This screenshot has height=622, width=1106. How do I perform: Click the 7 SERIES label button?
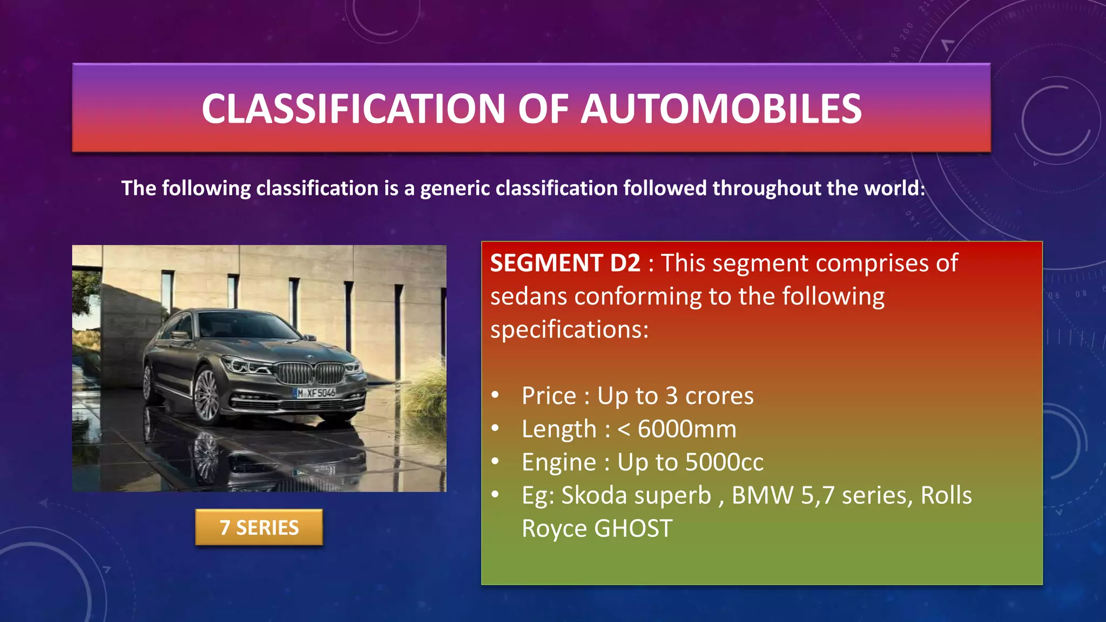(259, 528)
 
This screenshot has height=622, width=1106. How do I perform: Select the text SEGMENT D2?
(565, 263)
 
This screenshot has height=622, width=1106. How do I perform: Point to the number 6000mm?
(687, 429)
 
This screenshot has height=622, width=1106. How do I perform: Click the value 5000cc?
(724, 462)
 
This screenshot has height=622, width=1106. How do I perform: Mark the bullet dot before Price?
(495, 395)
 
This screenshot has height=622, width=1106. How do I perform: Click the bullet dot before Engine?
(495, 461)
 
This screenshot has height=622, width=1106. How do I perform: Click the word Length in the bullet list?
(559, 429)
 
